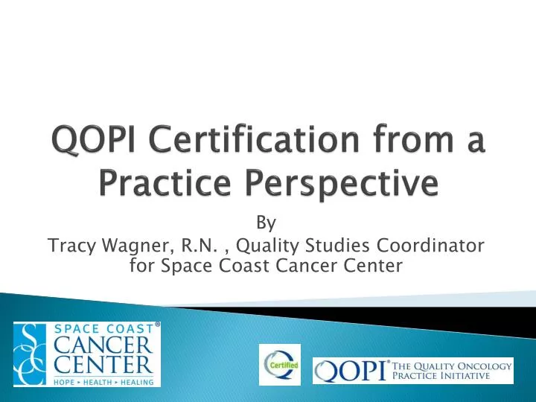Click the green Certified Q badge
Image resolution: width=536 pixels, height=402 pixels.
click(280, 364)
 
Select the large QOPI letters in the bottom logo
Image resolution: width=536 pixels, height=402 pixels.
click(349, 370)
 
